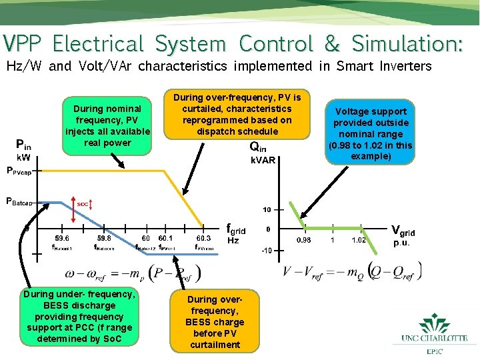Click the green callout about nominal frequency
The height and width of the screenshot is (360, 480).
coord(107,125)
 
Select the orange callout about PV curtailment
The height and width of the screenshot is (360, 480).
coord(233,114)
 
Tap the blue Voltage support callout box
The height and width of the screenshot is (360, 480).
coord(371,134)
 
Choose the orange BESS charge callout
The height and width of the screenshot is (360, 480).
coord(215,322)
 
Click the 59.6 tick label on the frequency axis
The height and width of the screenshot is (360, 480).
coord(62,237)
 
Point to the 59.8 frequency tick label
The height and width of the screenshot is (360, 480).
coord(104,237)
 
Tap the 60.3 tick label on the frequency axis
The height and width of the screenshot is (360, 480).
coord(204,237)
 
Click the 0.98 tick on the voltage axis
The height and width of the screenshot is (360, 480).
coord(303,240)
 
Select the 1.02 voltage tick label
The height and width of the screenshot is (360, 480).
coord(358,240)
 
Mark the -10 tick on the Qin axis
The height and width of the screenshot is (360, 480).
coord(266,251)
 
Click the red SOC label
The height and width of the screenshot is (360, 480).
coord(83,203)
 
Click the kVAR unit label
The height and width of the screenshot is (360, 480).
coord(263,161)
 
